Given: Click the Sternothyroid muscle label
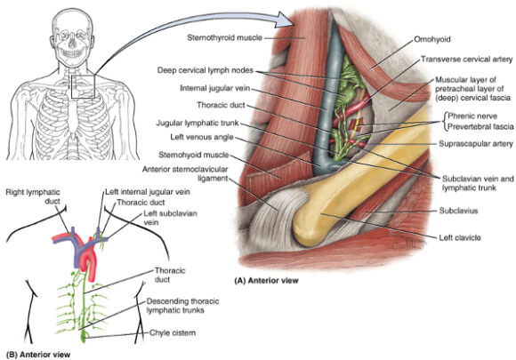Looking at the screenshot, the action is coord(225,38).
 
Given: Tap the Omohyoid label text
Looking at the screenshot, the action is coord(432,39).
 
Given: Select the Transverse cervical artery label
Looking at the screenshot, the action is coord(467,60).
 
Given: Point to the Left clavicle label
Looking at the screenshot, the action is coord(460,237).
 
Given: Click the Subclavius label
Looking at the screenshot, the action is coord(458,211).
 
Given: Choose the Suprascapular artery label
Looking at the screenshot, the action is coord(476,144).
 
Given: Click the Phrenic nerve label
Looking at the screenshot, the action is coord(472,116).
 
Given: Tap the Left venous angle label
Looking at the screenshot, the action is coord(202,137).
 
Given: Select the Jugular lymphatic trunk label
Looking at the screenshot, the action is coord(198,123).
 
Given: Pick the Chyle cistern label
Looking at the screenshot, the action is coord(173,332).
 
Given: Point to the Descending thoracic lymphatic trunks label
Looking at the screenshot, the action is coord(182,306).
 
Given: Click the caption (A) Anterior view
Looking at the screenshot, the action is coord(266,280).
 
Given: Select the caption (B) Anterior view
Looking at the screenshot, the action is coord(38,355).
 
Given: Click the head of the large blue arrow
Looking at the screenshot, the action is coord(285,20).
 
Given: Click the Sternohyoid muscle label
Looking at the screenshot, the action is coord(194,155).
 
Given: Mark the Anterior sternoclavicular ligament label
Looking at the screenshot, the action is coord(185,173).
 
